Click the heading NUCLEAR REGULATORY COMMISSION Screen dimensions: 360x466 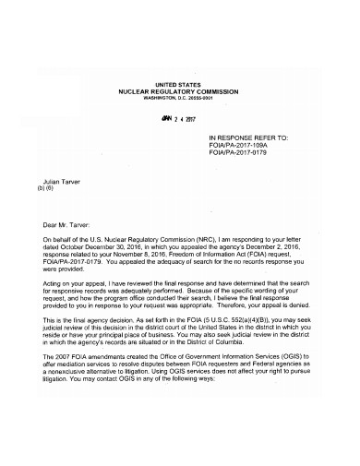click(179, 92)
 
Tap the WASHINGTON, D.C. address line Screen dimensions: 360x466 click(179, 99)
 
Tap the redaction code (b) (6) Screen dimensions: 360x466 click(46, 188)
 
